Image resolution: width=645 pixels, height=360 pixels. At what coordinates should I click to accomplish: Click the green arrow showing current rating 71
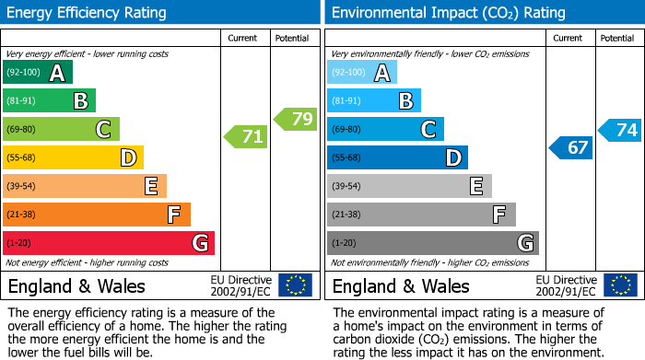coord(247,137)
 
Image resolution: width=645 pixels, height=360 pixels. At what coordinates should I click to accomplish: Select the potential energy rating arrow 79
coord(297,119)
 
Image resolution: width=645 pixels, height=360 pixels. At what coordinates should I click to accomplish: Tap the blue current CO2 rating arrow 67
coord(571,147)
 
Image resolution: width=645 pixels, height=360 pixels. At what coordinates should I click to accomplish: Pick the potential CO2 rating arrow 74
coord(620,130)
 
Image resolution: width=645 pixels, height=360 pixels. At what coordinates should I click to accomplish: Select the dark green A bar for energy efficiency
coord(37,73)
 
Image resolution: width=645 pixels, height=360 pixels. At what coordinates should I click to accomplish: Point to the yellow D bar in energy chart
coord(73,158)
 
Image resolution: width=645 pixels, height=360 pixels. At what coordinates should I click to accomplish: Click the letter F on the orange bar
coord(173,215)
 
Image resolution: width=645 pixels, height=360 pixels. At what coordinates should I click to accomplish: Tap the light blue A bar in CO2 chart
coord(361,73)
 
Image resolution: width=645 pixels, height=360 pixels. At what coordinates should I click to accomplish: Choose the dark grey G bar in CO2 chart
coord(432,243)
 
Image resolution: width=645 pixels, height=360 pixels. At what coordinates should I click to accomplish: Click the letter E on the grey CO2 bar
coord(475,187)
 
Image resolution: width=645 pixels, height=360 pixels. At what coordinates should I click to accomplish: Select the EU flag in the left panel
coord(295,285)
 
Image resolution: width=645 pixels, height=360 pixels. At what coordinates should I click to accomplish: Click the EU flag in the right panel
coord(619,285)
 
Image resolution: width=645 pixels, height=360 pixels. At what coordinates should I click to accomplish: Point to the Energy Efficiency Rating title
coord(88,13)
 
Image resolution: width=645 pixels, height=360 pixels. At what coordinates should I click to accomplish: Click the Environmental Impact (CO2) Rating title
coord(447,13)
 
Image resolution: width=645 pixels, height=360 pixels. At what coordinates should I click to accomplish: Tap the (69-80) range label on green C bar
coord(21,130)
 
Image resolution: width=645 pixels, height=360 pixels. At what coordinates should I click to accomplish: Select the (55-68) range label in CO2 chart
coord(346,158)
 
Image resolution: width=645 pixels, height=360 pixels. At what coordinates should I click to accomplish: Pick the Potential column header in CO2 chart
coord(617,38)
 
